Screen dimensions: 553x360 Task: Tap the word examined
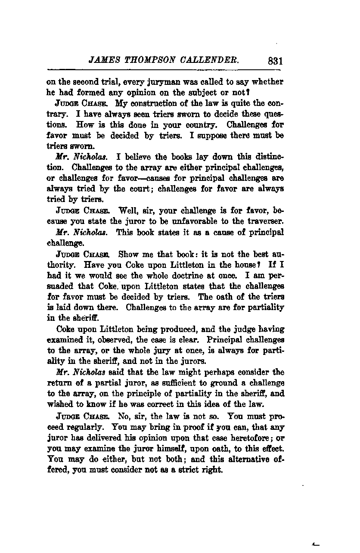(62, 339)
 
